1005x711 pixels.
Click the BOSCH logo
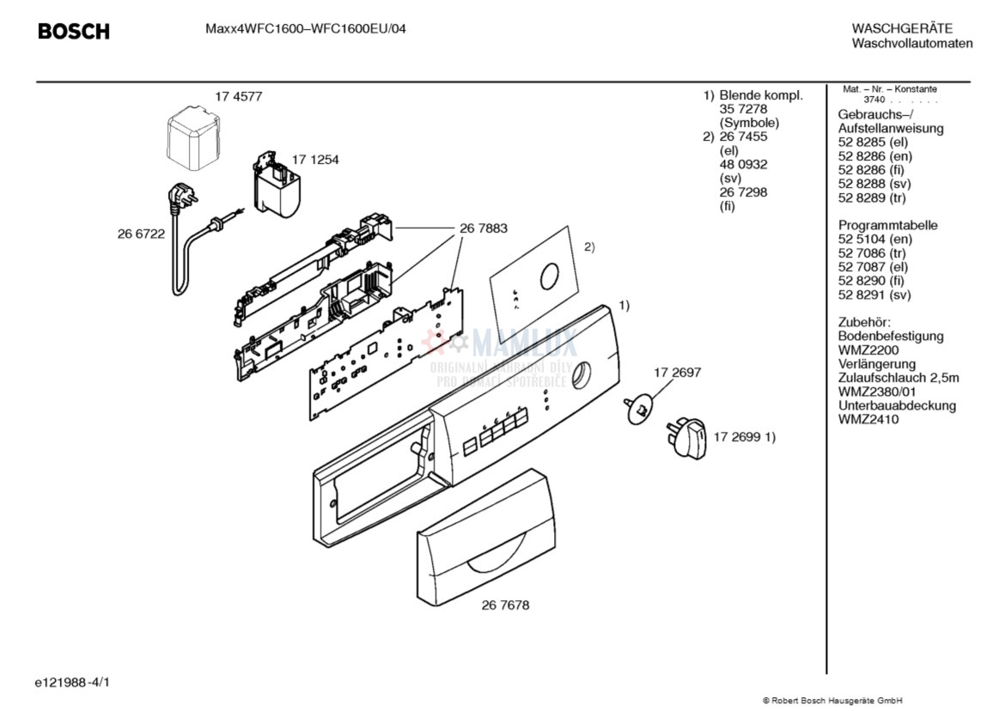point(74,32)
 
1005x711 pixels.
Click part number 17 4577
point(238,96)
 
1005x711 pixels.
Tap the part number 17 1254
point(315,160)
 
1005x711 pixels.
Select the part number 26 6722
point(141,234)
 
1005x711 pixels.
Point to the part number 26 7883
point(483,228)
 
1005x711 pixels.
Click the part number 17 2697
point(677,373)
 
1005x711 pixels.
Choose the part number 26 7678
point(505,605)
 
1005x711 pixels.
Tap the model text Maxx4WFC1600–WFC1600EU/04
point(306,28)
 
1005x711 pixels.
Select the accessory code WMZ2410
point(868,420)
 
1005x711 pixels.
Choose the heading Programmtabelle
point(887,225)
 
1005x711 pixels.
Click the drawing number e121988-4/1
point(72,683)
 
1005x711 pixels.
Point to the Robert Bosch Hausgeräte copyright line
point(832,701)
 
